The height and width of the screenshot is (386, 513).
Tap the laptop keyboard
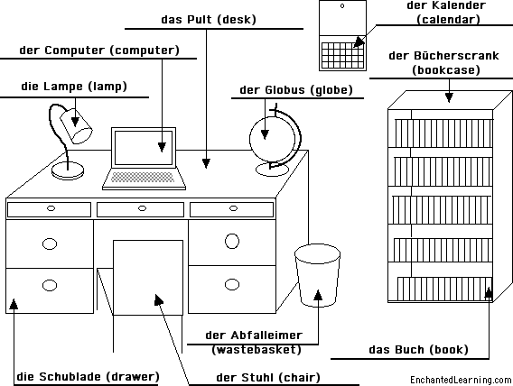pos(143,177)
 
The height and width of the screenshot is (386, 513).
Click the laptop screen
pos(144,148)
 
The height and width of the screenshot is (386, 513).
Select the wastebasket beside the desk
pos(317,275)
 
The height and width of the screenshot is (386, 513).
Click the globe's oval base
pos(272,170)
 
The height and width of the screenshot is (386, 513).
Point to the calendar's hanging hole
pos(342,5)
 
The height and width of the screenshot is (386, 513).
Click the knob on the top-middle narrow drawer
pos(142,208)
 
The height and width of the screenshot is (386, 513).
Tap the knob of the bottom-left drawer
pos(50,285)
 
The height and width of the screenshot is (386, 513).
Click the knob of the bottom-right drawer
pos(232,284)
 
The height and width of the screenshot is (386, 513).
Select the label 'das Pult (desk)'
pos(209,20)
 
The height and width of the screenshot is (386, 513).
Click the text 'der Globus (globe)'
pos(296,90)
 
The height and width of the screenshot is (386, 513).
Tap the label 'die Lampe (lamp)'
pos(74,87)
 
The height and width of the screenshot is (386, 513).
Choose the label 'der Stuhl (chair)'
pos(268,378)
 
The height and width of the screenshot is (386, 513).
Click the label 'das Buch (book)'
pos(418,350)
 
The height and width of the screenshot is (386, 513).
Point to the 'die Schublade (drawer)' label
pos(88,376)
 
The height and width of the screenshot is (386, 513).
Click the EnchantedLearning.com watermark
pos(461,380)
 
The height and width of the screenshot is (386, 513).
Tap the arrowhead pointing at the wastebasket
pos(318,295)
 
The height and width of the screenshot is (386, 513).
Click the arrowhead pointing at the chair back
pos(159,299)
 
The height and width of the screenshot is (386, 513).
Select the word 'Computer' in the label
pos(75,51)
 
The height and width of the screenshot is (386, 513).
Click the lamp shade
pos(76,125)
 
